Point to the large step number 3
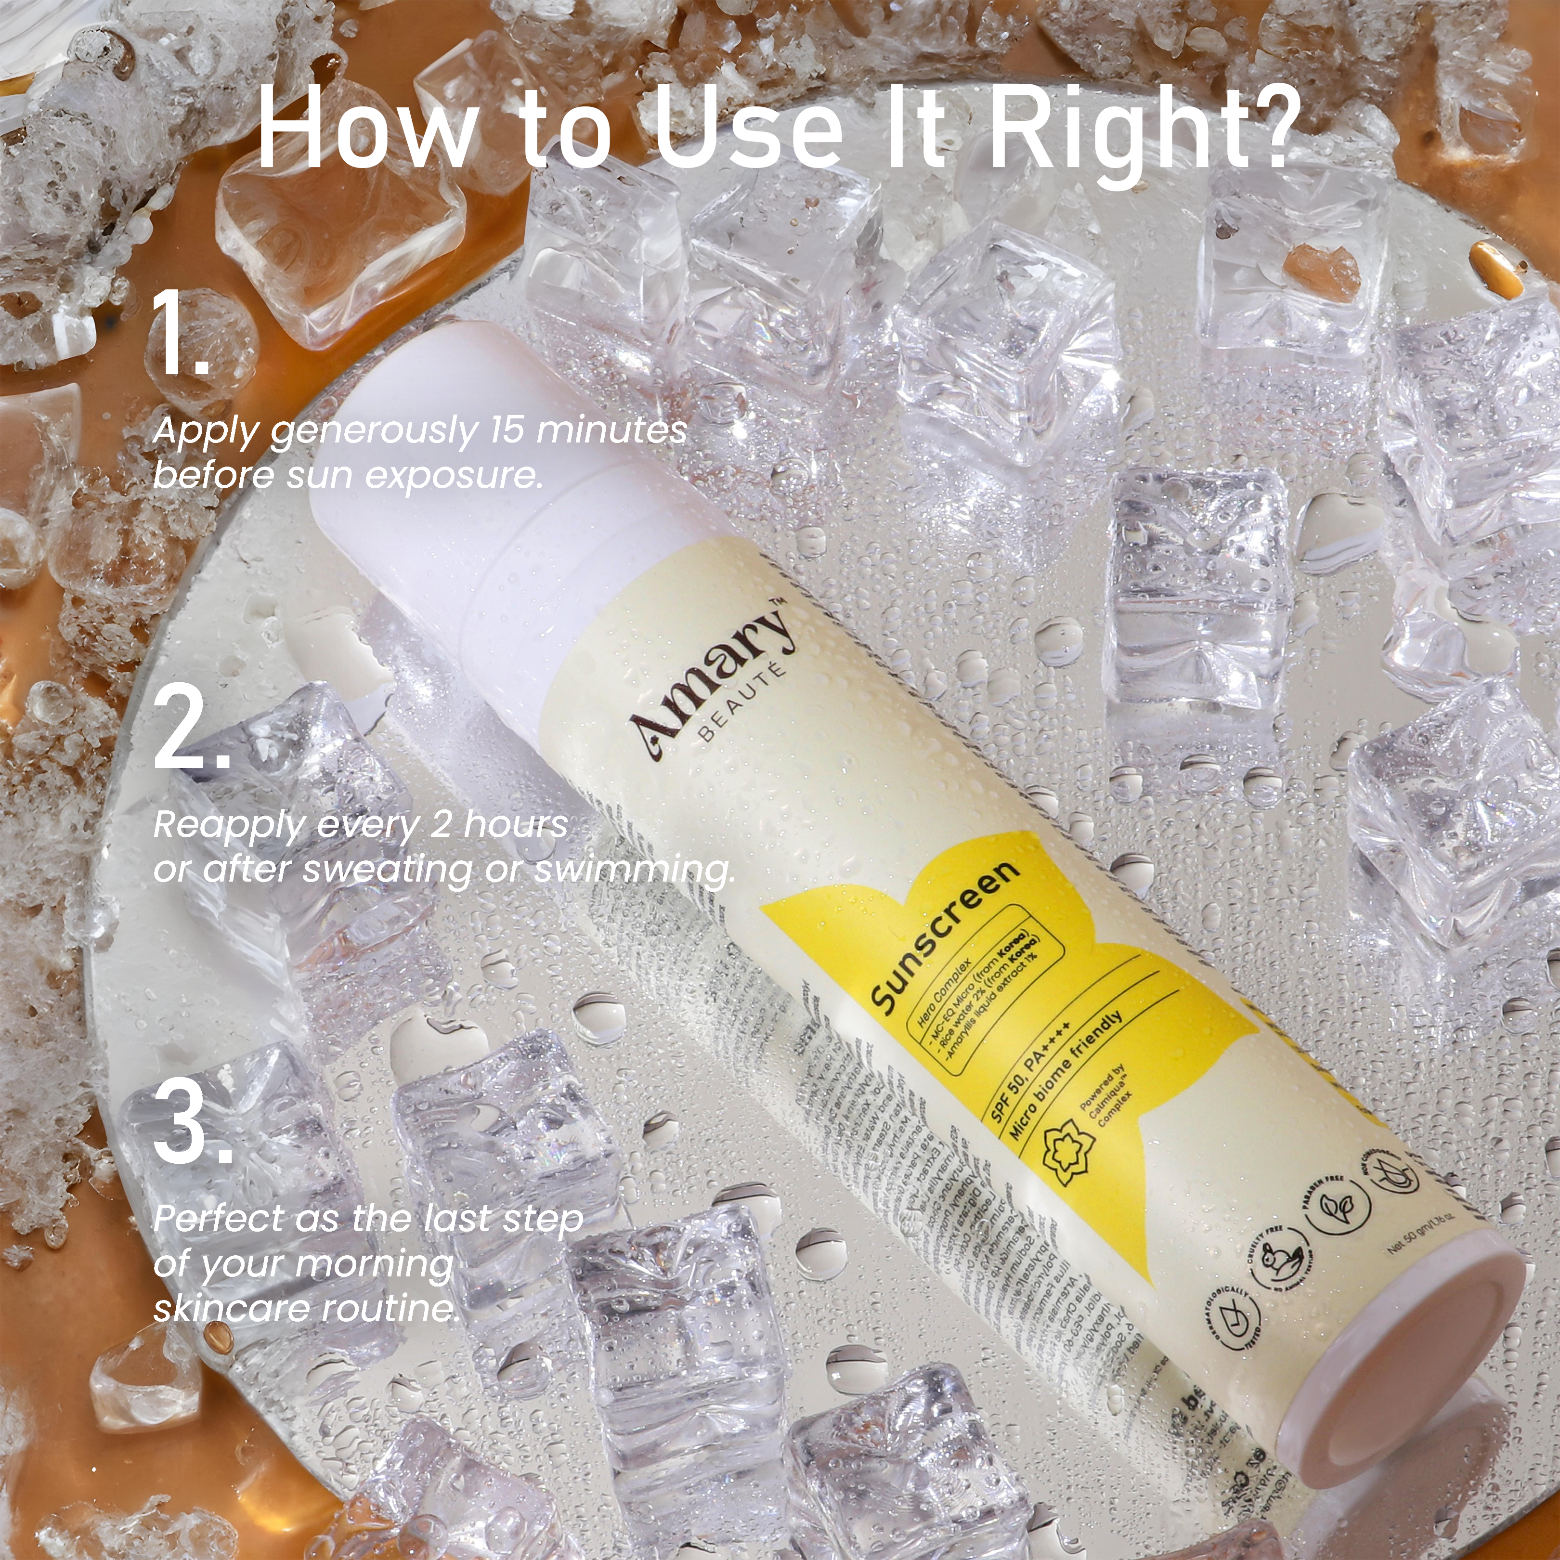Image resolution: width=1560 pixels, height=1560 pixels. pyautogui.click(x=193, y=1122)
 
